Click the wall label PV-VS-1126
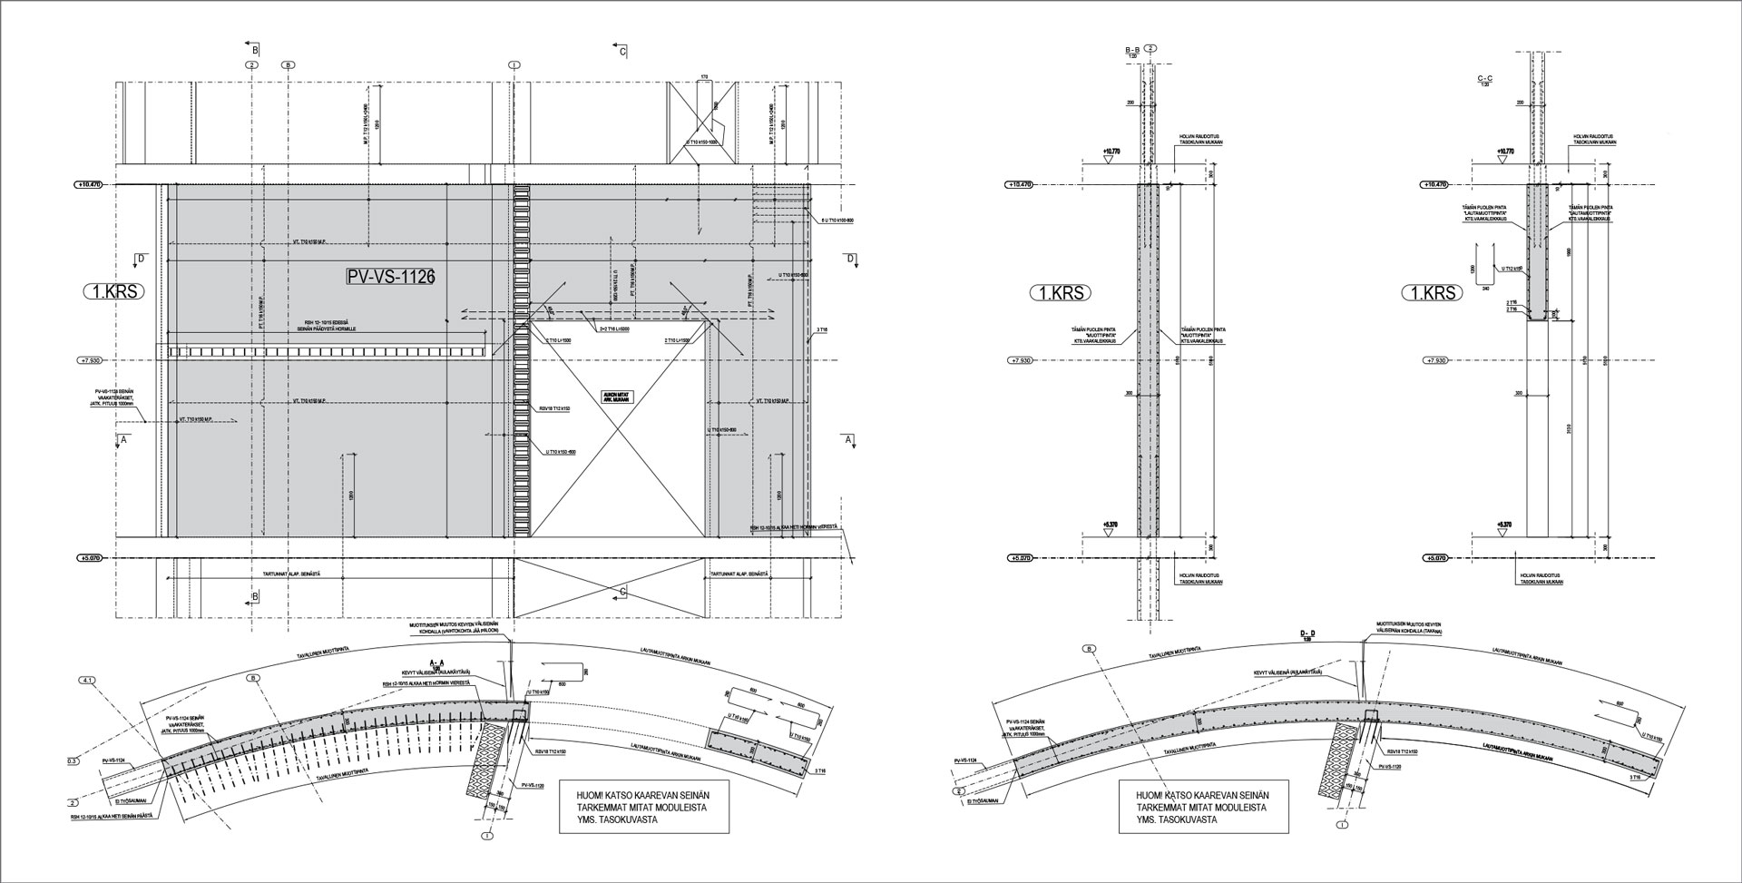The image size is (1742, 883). point(390,277)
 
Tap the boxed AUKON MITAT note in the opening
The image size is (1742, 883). point(615,397)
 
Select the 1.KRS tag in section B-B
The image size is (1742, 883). point(1061,293)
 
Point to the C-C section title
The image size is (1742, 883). point(1485,80)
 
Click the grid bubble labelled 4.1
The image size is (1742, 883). point(87,679)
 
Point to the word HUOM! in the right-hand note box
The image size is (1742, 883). point(1136,795)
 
